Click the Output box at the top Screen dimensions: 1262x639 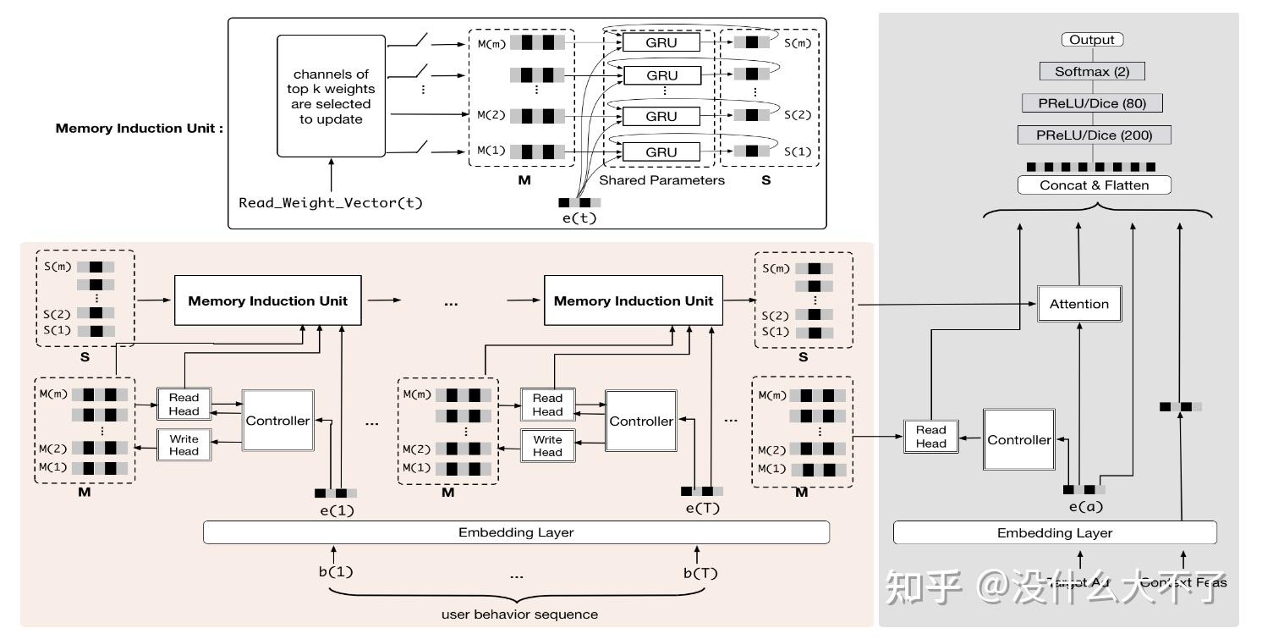(x=1092, y=40)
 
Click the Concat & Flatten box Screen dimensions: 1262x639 (x=1095, y=185)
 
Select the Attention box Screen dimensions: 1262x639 (x=1078, y=304)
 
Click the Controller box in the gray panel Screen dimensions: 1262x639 (x=1018, y=439)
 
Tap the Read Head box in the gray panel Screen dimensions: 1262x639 (x=930, y=436)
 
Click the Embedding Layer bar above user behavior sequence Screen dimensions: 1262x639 (x=516, y=532)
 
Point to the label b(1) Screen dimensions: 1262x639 (x=336, y=571)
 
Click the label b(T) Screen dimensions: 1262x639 (x=700, y=571)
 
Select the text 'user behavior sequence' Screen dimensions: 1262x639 (x=519, y=614)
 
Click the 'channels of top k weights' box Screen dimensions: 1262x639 (x=332, y=96)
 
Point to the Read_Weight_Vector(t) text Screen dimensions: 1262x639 (x=331, y=203)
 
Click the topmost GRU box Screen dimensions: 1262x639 (x=661, y=42)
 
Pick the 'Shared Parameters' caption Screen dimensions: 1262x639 (x=661, y=180)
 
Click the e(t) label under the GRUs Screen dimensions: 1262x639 (x=580, y=218)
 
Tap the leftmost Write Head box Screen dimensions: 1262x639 (x=184, y=444)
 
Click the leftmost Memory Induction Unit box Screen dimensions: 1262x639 (x=267, y=300)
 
